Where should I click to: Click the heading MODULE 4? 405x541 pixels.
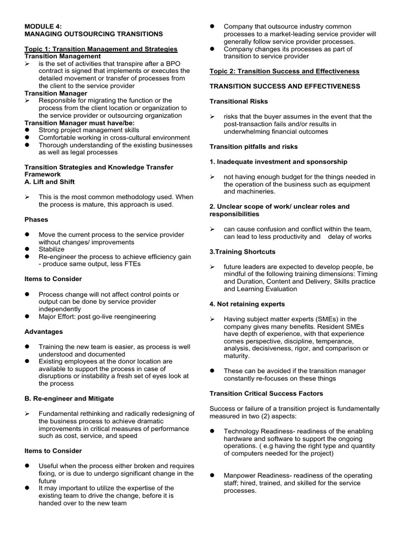[45, 26]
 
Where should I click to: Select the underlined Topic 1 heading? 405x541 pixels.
[101, 49]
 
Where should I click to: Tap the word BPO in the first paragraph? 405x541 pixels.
[180, 63]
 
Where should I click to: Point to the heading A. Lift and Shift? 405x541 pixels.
[50, 182]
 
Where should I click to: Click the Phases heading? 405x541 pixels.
[36, 219]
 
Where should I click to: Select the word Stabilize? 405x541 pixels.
[52, 249]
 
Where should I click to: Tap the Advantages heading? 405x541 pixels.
[44, 332]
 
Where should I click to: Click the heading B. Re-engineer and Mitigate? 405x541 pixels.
[69, 398]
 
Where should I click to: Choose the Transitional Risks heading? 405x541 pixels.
[239, 101]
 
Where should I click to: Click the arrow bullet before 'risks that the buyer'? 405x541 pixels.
[213, 116]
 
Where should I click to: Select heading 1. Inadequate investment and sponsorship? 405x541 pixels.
[278, 161]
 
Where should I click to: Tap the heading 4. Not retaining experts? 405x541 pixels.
[247, 304]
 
